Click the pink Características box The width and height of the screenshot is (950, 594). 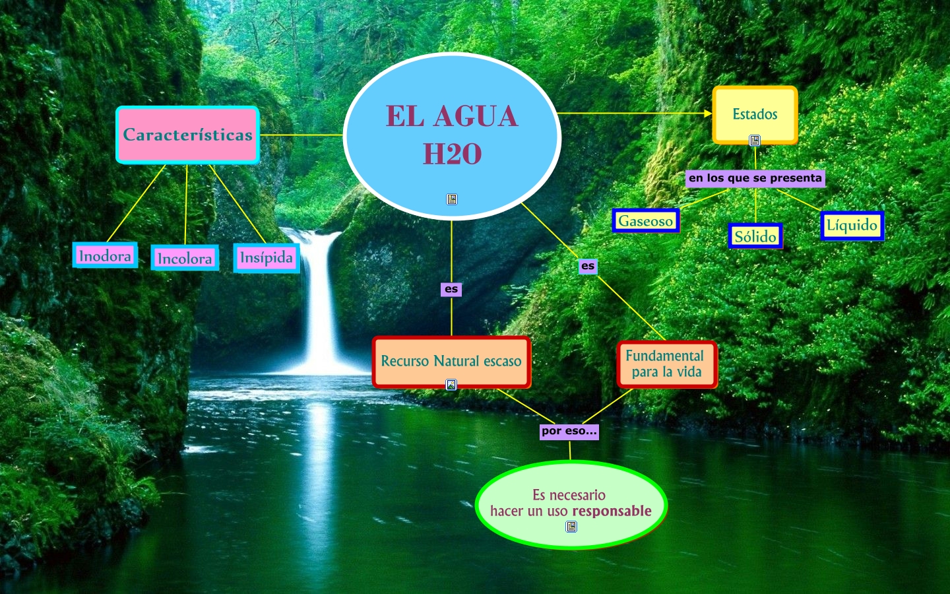click(187, 135)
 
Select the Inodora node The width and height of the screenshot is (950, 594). click(105, 255)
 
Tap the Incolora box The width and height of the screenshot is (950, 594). click(185, 258)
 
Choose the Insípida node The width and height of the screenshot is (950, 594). click(267, 257)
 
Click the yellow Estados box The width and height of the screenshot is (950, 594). click(755, 114)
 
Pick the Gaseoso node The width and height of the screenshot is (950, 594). click(645, 221)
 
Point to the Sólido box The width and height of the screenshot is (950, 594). click(755, 236)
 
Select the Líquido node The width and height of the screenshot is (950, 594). click(852, 226)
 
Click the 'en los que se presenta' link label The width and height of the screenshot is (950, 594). click(755, 178)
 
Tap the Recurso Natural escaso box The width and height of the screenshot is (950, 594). click(451, 361)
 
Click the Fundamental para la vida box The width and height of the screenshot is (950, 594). click(666, 364)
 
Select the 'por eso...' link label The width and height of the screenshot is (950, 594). click(569, 432)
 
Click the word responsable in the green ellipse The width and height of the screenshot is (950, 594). click(612, 511)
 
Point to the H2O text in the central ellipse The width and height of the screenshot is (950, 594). click(452, 154)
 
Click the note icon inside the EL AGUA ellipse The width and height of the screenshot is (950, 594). click(452, 199)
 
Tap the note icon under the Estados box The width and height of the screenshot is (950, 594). click(755, 141)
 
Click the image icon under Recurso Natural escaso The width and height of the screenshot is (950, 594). click(451, 384)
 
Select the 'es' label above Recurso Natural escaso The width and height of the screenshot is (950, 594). click(451, 289)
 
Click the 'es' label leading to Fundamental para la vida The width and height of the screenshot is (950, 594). click(588, 266)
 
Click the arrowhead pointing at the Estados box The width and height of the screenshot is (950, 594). click(708, 114)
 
